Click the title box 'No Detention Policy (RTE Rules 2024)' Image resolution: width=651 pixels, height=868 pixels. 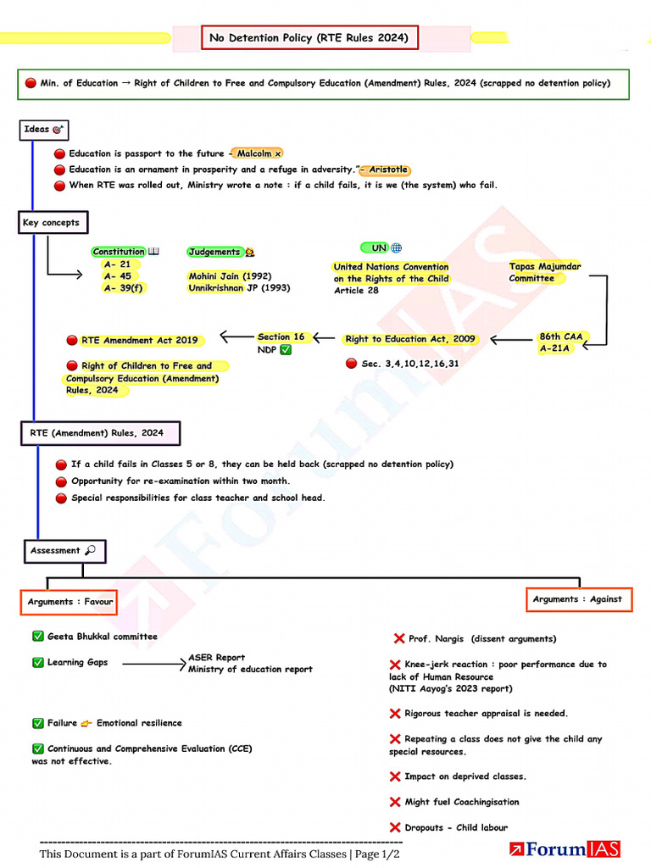[309, 37]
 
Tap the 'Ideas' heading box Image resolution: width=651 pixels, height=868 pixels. [44, 130]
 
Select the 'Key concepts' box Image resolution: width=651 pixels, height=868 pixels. [53, 223]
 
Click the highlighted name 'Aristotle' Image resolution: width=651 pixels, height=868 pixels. [388, 170]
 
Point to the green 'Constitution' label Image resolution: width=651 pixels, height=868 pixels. [119, 252]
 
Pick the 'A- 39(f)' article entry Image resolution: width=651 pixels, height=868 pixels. [124, 288]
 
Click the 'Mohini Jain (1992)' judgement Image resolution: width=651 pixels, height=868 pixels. [230, 275]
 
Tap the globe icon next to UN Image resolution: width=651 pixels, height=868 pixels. [397, 248]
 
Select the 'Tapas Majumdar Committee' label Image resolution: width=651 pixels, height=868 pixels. [545, 272]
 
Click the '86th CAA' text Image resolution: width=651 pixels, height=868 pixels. [561, 337]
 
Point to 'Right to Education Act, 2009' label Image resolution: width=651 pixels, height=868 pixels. [409, 339]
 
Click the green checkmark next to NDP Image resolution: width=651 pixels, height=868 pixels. [286, 350]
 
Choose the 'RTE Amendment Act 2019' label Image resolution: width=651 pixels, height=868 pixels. [140, 341]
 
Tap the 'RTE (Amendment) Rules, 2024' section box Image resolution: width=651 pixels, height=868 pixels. [101, 433]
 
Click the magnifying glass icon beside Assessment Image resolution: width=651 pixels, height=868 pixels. [90, 550]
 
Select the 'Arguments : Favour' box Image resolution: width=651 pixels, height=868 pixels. [70, 602]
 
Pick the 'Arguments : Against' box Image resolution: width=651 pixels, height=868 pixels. [578, 599]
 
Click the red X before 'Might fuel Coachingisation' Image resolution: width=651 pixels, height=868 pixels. [395, 802]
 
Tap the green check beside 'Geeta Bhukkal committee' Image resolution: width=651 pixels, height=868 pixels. [37, 636]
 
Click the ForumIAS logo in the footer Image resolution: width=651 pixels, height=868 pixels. [565, 849]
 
